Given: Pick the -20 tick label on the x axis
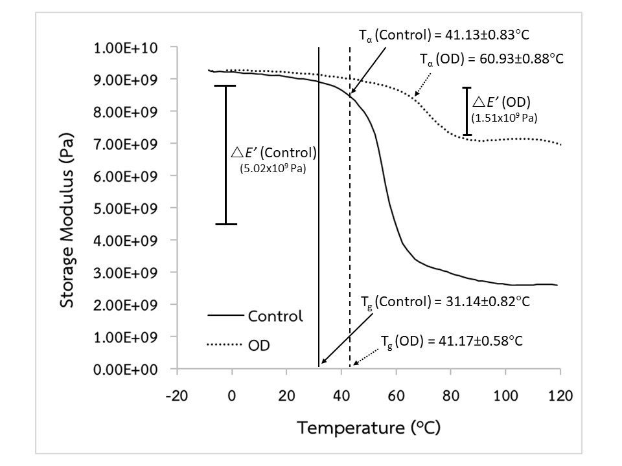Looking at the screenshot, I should (x=176, y=395).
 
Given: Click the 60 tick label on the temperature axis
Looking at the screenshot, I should (x=396, y=395).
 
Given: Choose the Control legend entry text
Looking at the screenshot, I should (x=275, y=316).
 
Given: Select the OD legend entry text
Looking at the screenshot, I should (x=259, y=346).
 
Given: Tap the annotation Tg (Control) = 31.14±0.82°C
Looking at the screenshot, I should (x=446, y=302).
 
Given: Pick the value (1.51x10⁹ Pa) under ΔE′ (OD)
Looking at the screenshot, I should (x=505, y=118).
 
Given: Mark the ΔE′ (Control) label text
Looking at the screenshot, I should (x=275, y=153).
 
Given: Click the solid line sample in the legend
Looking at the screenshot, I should (x=224, y=316).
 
